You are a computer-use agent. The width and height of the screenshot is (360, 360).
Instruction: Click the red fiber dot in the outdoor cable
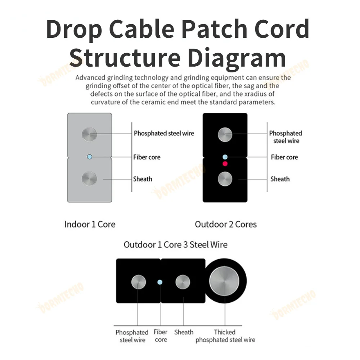[225, 164]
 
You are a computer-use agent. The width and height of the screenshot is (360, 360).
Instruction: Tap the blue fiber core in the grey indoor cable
[90, 157]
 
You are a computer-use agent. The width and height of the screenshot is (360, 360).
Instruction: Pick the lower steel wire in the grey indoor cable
[89, 179]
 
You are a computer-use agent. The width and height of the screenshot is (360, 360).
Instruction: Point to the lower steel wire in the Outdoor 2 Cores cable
[225, 179]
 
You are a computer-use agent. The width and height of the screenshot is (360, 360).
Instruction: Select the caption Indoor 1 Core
[90, 224]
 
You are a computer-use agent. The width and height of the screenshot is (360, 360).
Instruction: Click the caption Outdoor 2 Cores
[226, 224]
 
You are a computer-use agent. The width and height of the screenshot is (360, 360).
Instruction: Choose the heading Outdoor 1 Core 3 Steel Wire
[176, 245]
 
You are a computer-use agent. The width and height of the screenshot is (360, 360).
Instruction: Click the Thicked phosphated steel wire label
[225, 336]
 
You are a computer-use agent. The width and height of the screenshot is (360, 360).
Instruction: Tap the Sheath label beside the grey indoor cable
[143, 179]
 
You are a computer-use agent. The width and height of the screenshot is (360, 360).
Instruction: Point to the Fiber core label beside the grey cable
[147, 157]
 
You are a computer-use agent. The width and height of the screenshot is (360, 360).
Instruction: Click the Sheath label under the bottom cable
[184, 332]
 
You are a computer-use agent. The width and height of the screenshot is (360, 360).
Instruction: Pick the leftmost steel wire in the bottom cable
[138, 282]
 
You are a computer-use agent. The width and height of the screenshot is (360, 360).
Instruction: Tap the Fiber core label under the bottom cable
[161, 336]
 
